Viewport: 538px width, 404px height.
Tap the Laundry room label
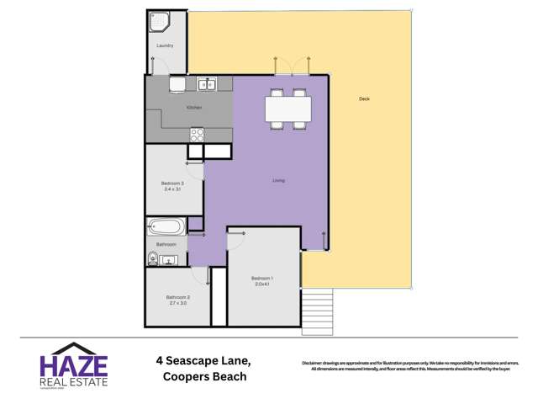click(x=165, y=45)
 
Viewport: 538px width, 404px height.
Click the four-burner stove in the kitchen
click(x=197, y=133)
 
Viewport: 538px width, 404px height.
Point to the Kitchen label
click(x=193, y=108)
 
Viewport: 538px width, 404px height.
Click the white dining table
click(x=287, y=109)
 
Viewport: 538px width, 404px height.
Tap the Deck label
click(x=364, y=99)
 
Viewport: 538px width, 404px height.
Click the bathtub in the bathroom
click(x=165, y=226)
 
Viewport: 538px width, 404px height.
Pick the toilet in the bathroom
click(x=152, y=258)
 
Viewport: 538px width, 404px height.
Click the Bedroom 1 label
click(x=262, y=278)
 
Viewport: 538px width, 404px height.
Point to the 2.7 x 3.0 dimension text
click(x=177, y=303)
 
